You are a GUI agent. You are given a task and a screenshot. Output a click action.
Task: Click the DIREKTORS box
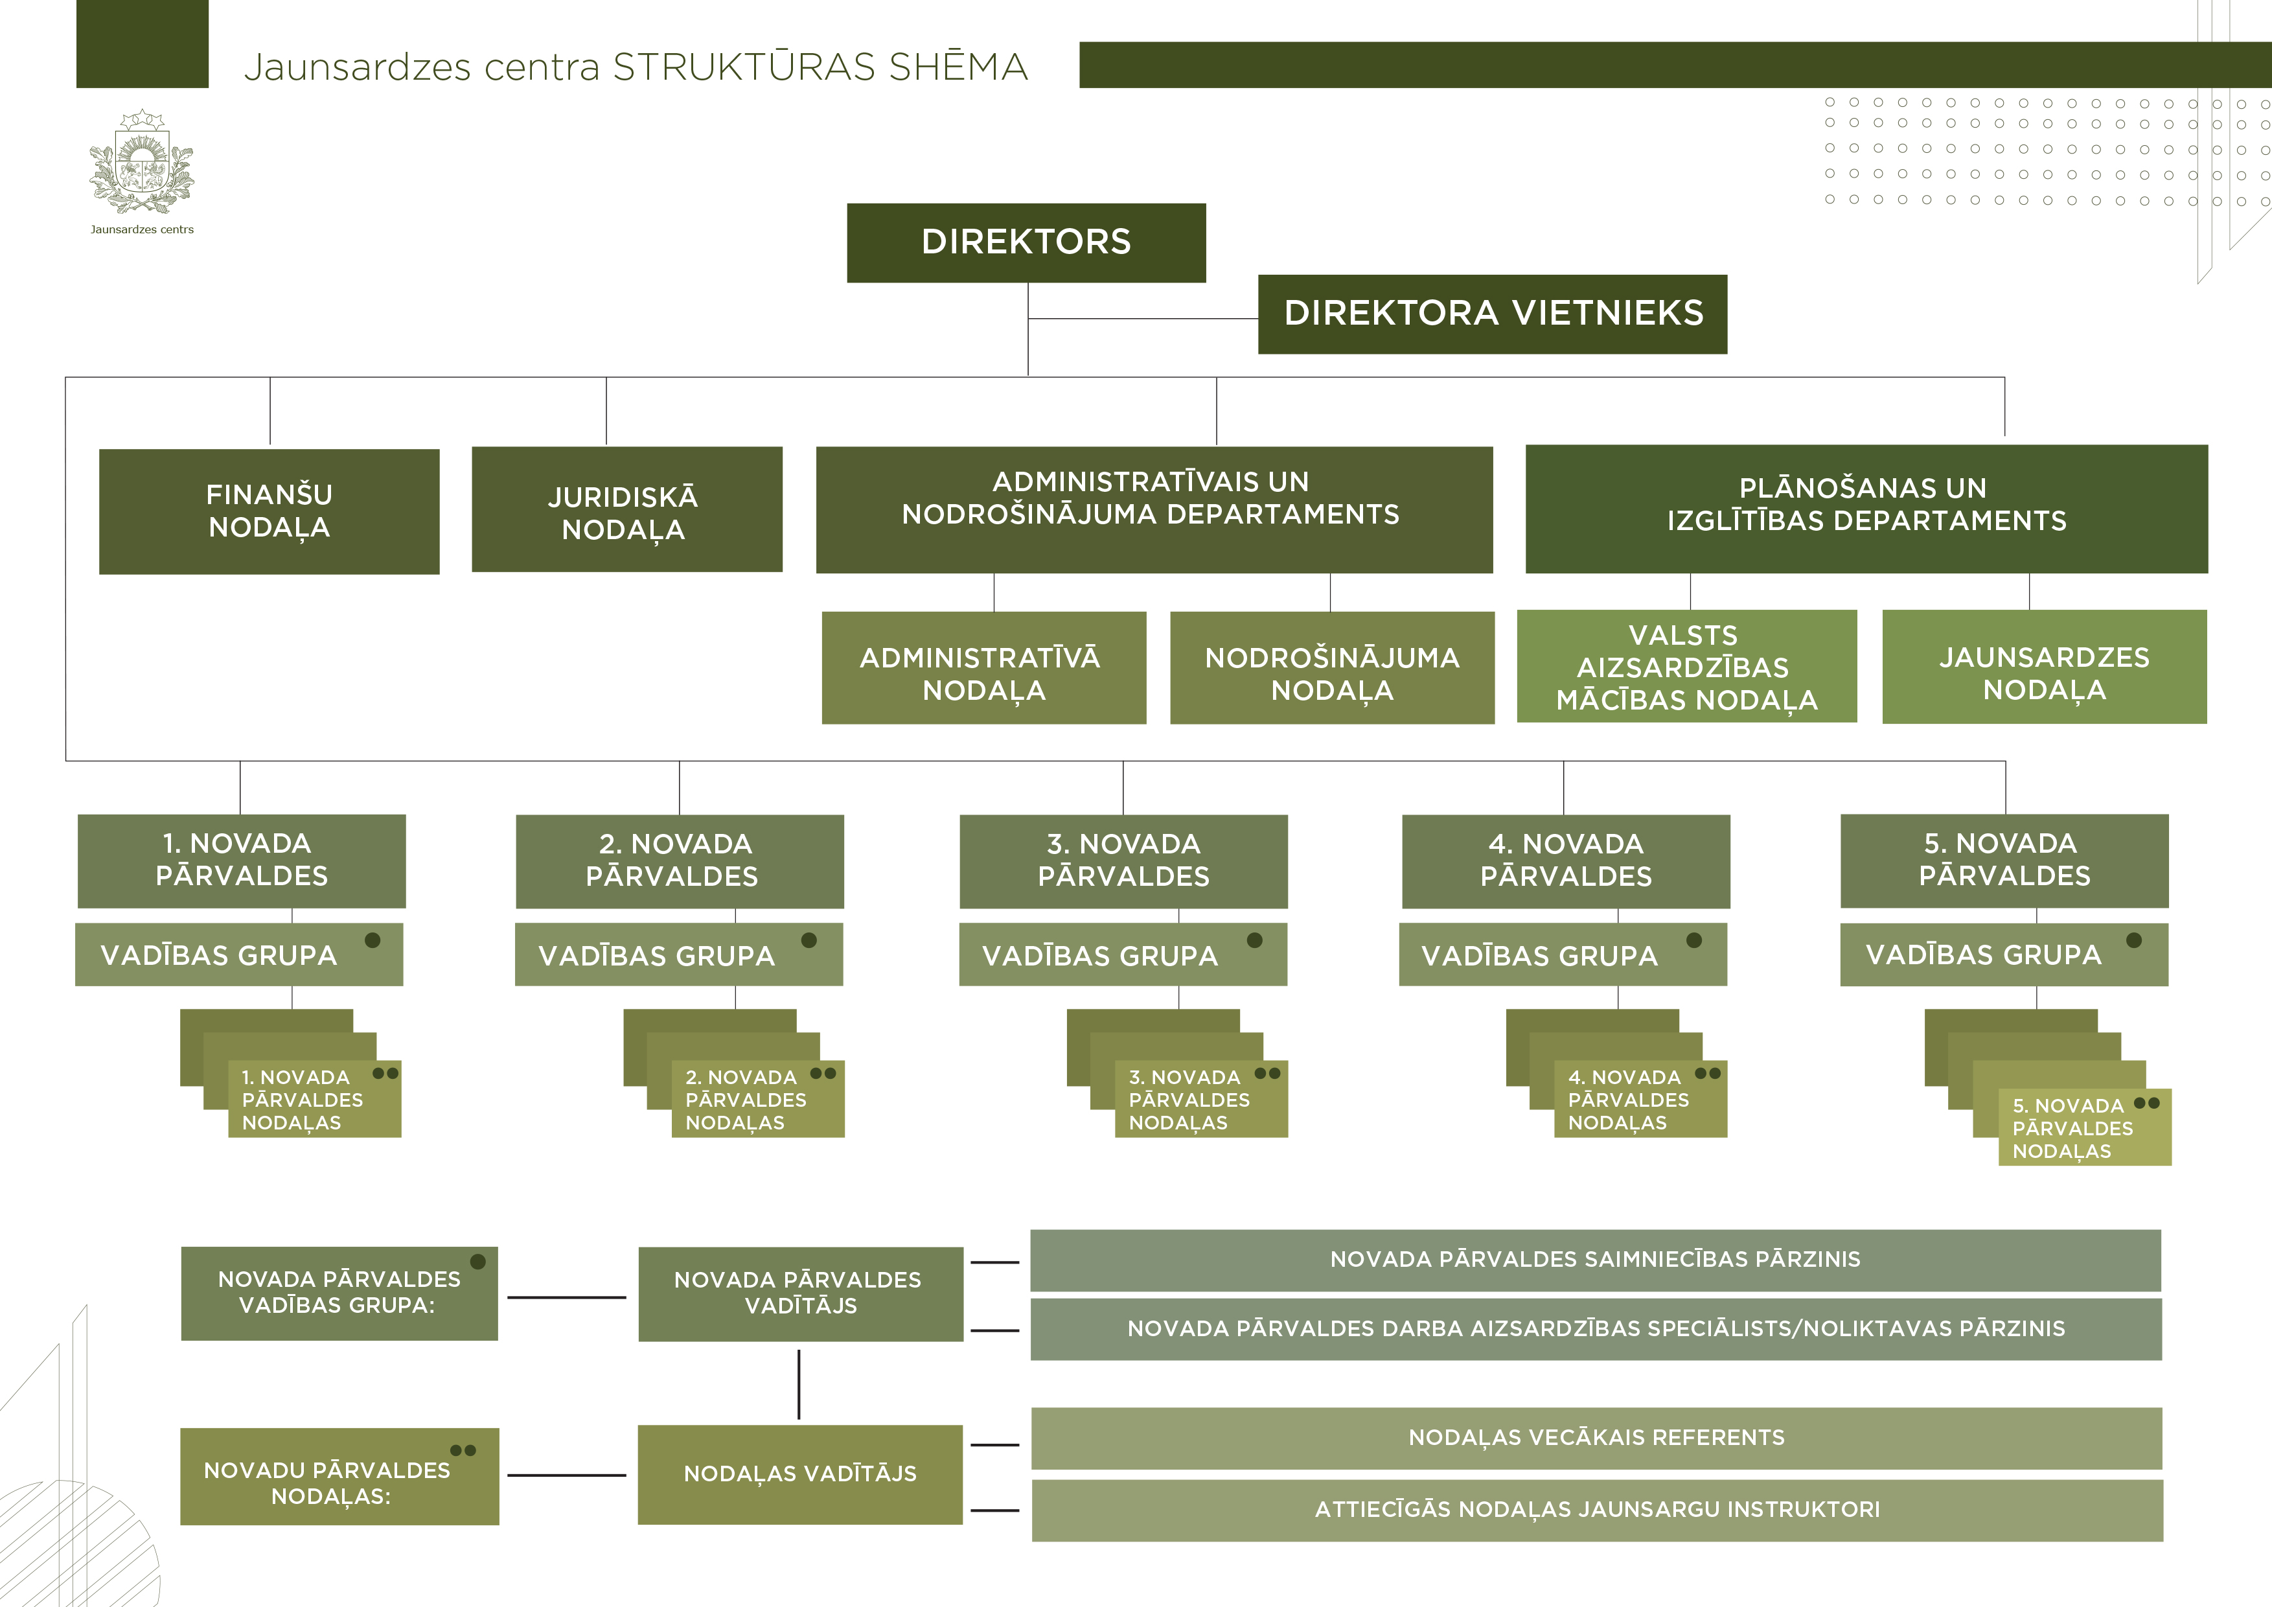click(x=1026, y=242)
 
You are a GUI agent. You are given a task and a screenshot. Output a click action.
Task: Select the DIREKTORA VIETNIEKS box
click(x=1492, y=314)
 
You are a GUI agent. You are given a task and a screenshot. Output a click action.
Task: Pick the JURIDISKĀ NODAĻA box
click(x=626, y=509)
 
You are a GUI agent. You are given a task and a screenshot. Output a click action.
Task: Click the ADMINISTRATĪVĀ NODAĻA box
click(x=983, y=668)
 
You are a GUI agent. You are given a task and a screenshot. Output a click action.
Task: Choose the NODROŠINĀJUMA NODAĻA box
click(x=1332, y=668)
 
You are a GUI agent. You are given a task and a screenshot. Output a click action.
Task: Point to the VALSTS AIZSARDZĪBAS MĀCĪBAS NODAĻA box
click(x=1686, y=666)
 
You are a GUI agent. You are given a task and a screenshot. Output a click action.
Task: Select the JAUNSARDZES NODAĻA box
click(x=2045, y=667)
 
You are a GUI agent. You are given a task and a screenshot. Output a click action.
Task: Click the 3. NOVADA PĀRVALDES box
click(x=1123, y=861)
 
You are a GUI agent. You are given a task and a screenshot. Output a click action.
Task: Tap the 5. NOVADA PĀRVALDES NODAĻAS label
click(x=2073, y=1128)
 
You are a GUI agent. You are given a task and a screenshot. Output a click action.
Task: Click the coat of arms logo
click(x=141, y=163)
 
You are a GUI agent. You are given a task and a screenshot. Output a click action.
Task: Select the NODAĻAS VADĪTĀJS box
click(x=799, y=1474)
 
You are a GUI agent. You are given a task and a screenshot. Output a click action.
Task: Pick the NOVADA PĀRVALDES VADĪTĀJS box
click(x=799, y=1293)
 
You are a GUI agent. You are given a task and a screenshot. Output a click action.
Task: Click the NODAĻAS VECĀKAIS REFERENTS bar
click(x=1596, y=1438)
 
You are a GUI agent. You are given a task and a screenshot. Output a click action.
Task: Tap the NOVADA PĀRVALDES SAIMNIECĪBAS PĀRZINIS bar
click(x=1595, y=1260)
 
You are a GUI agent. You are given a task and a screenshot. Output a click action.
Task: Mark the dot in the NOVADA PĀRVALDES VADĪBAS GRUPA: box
click(x=478, y=1262)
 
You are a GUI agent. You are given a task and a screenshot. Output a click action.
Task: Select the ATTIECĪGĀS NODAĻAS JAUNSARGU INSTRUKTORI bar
click(x=1597, y=1510)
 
